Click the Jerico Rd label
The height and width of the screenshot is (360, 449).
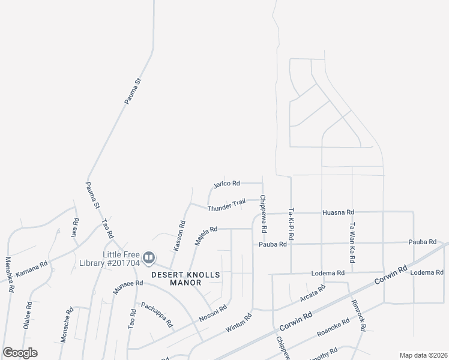(x=227, y=183)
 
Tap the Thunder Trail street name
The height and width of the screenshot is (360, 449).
(x=226, y=205)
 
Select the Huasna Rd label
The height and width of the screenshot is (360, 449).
(x=339, y=212)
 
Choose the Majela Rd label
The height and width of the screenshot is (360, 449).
(x=205, y=236)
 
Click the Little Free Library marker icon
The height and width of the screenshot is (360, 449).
(x=148, y=258)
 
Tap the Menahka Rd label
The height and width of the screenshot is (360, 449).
(x=9, y=274)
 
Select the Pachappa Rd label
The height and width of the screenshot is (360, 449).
(x=157, y=314)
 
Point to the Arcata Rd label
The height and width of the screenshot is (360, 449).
(x=312, y=293)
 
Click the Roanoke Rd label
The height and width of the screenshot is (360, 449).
(x=333, y=329)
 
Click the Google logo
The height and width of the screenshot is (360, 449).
(x=20, y=353)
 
